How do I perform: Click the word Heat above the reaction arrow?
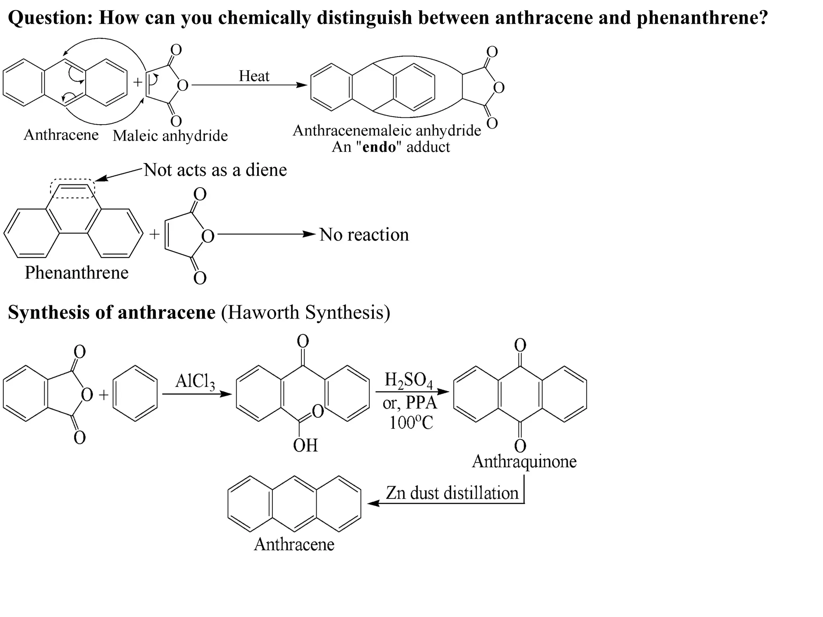(x=254, y=76)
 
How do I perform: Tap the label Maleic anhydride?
(x=170, y=136)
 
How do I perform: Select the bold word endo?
(x=379, y=147)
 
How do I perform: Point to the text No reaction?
(x=364, y=235)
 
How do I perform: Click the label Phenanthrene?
(x=76, y=273)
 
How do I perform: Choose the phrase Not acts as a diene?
(x=215, y=170)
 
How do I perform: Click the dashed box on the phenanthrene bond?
(x=72, y=188)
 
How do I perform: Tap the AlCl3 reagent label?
(x=195, y=381)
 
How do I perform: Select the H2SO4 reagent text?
(x=408, y=380)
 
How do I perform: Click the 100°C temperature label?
(x=411, y=422)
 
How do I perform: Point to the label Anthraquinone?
(x=524, y=461)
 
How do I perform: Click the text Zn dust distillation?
(x=452, y=493)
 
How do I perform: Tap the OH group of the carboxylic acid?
(x=305, y=445)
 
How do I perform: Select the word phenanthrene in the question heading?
(x=702, y=18)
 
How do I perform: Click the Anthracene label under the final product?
(x=294, y=544)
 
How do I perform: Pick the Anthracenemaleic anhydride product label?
(x=387, y=131)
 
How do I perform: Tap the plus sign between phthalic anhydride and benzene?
(x=104, y=395)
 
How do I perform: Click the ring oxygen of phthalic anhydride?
(x=87, y=395)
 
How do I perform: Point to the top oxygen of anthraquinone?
(x=520, y=345)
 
